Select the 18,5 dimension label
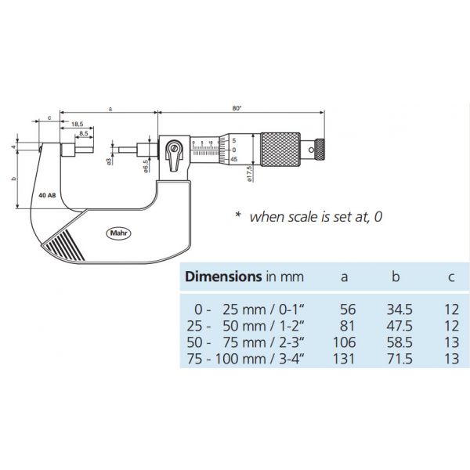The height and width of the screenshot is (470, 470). pos(78,125)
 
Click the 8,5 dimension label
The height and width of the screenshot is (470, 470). pos(81,134)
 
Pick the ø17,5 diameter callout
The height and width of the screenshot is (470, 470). pos(248,173)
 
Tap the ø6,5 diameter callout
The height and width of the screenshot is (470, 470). pos(146,167)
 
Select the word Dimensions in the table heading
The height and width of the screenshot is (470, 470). pos(221,277)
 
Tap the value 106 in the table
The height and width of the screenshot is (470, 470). pos(345,342)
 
